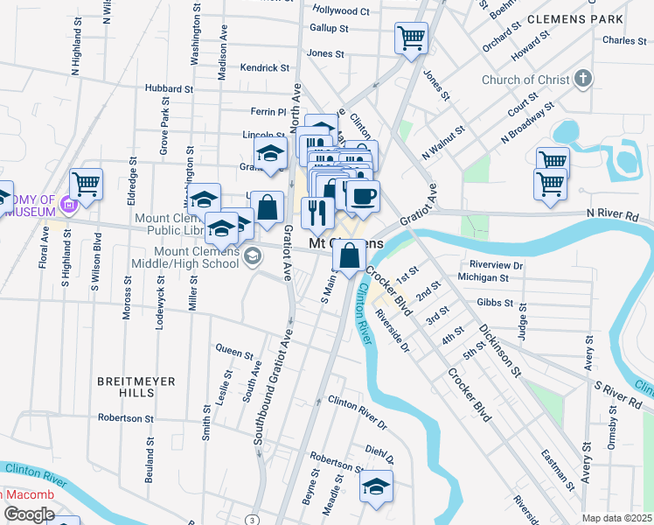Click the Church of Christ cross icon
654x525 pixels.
point(583,80)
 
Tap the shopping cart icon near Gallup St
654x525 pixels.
point(411,38)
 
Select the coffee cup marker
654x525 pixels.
point(363,195)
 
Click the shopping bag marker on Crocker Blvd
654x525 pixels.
point(349,256)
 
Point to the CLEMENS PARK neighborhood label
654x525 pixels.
point(575,18)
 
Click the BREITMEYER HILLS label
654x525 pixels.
point(136,381)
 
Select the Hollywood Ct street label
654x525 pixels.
point(342,10)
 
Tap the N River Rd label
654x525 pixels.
point(613,213)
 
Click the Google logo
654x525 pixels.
point(29,514)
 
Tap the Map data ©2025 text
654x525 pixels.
point(616,518)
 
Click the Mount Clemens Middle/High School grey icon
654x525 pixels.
point(252,255)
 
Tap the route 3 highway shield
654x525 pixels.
point(252,520)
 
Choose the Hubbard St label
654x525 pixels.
point(169,88)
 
